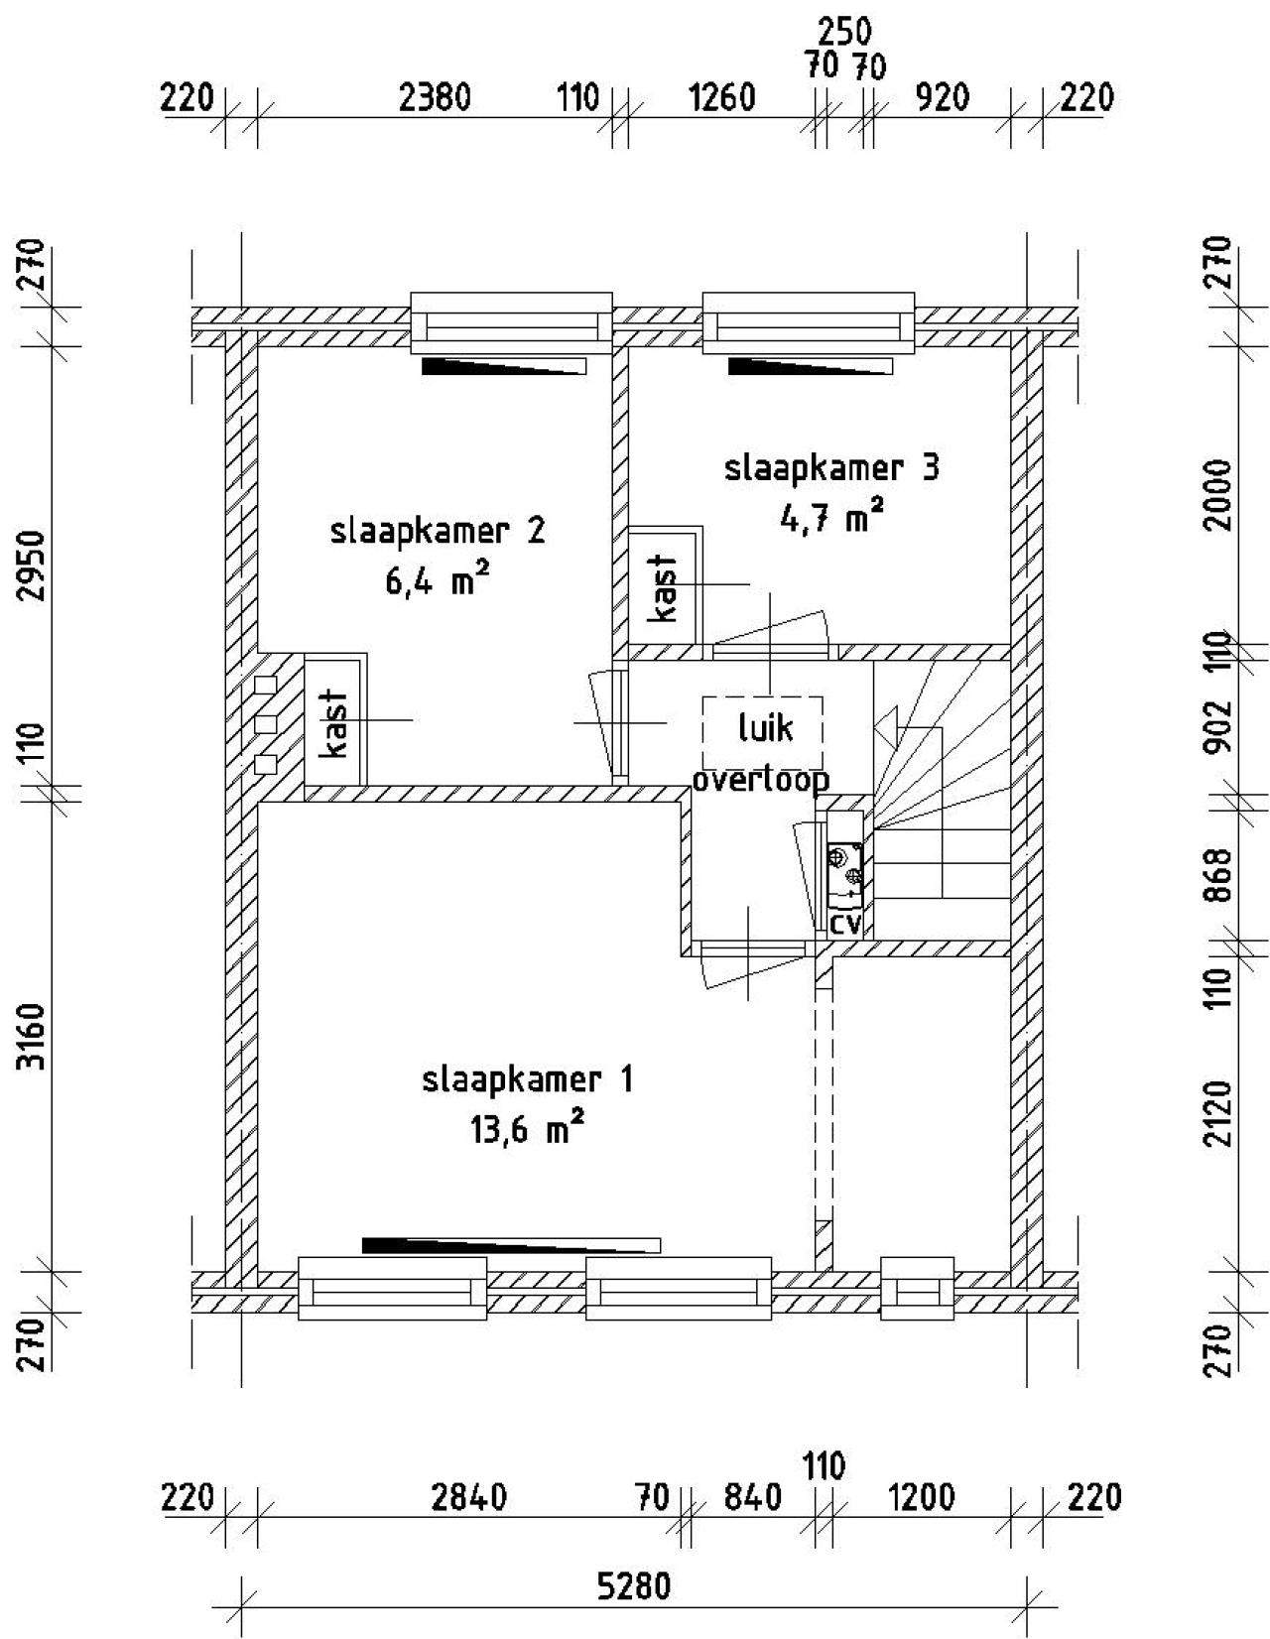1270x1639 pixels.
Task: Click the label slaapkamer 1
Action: point(527,1080)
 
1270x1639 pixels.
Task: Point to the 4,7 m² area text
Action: point(831,517)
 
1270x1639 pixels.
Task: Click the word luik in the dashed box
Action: point(765,728)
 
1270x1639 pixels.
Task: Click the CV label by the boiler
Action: point(844,924)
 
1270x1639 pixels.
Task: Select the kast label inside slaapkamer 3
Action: point(664,589)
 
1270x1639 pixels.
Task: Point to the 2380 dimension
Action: point(436,98)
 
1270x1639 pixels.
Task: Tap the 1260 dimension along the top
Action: point(720,98)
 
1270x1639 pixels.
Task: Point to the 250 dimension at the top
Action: point(844,32)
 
